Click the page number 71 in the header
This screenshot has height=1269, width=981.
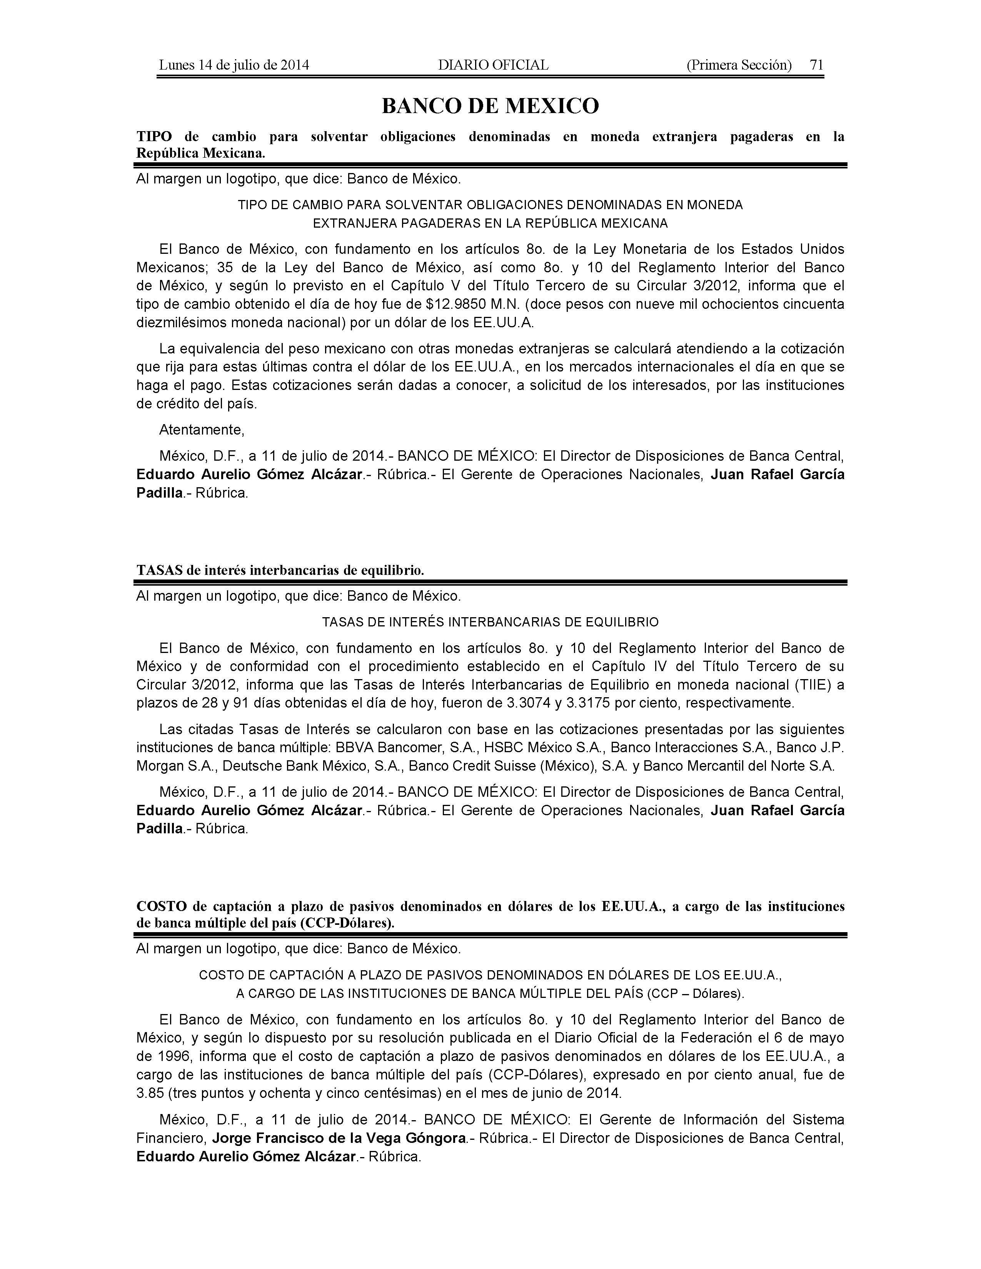coord(816,65)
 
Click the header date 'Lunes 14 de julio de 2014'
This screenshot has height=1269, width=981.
coord(234,65)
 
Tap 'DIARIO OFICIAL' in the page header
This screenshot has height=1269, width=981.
coord(493,65)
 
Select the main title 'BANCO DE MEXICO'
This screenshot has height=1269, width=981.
coord(490,106)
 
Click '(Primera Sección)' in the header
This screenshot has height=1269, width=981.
coord(739,65)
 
